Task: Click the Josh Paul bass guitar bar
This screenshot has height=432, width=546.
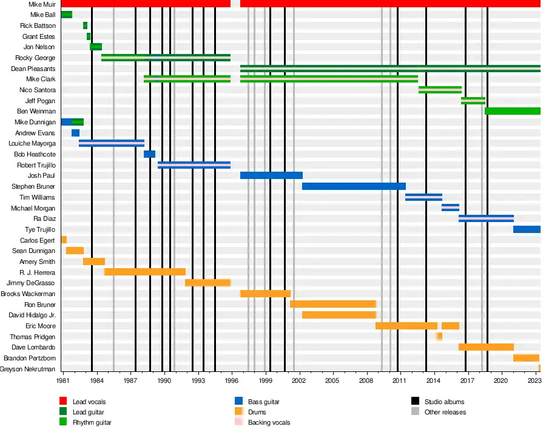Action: (x=271, y=175)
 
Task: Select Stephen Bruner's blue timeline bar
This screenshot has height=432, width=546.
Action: (x=354, y=186)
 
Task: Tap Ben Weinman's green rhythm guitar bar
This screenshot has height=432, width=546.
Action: (x=512, y=111)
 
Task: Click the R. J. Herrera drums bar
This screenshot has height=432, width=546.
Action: (x=145, y=272)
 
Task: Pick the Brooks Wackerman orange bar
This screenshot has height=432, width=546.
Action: (x=265, y=294)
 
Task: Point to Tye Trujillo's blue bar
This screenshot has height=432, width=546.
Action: (x=527, y=229)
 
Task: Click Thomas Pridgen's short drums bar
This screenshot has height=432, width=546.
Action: (x=439, y=336)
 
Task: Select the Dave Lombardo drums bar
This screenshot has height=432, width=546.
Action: (x=486, y=347)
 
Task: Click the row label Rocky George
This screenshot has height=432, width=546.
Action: (x=35, y=58)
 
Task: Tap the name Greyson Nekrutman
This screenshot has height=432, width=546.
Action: (x=28, y=369)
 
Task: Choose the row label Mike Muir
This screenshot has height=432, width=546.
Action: (x=41, y=4)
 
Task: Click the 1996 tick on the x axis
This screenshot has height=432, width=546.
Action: (x=231, y=380)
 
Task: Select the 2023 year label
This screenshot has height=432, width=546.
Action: (x=534, y=380)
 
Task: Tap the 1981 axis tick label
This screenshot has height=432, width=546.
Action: (x=63, y=380)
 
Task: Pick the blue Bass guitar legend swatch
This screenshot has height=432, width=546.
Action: (x=238, y=402)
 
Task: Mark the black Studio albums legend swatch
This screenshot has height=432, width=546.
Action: (x=415, y=402)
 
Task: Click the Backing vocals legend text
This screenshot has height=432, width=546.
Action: (x=269, y=422)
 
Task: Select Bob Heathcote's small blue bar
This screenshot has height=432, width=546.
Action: (x=149, y=154)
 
